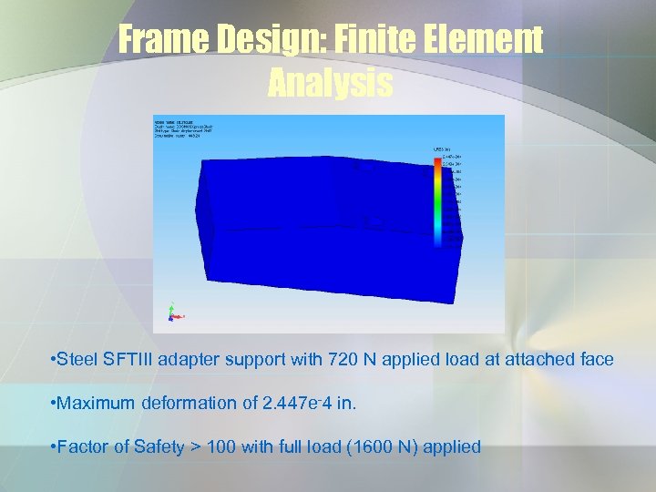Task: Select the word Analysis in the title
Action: (330, 84)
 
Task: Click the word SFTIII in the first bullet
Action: (127, 360)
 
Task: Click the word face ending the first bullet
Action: (596, 360)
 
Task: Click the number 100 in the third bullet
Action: (220, 447)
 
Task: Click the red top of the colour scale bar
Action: (436, 163)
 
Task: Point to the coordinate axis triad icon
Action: (171, 314)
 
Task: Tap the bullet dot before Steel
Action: (53, 360)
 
